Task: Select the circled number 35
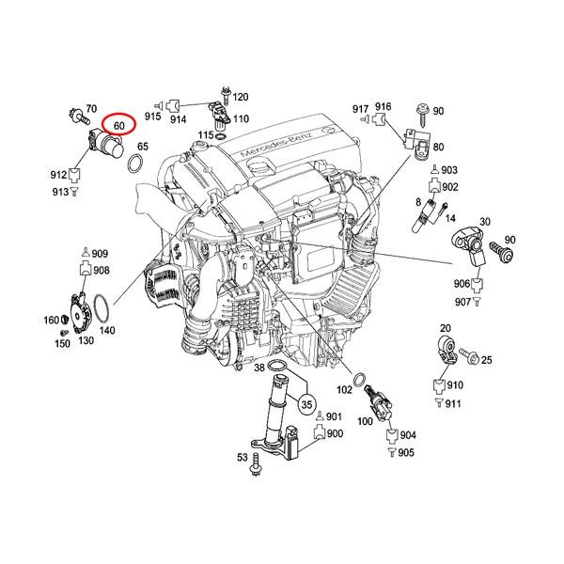click(x=305, y=405)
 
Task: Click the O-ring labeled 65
click(x=134, y=165)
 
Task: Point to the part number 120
click(x=241, y=98)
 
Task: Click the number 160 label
click(x=52, y=321)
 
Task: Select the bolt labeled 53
click(x=256, y=461)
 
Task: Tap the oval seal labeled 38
click(x=278, y=368)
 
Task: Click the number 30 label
click(x=486, y=222)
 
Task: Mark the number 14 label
click(x=450, y=218)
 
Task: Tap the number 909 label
click(x=100, y=255)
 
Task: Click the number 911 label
click(x=454, y=403)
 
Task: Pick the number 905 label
click(x=405, y=452)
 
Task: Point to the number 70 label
click(x=92, y=110)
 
